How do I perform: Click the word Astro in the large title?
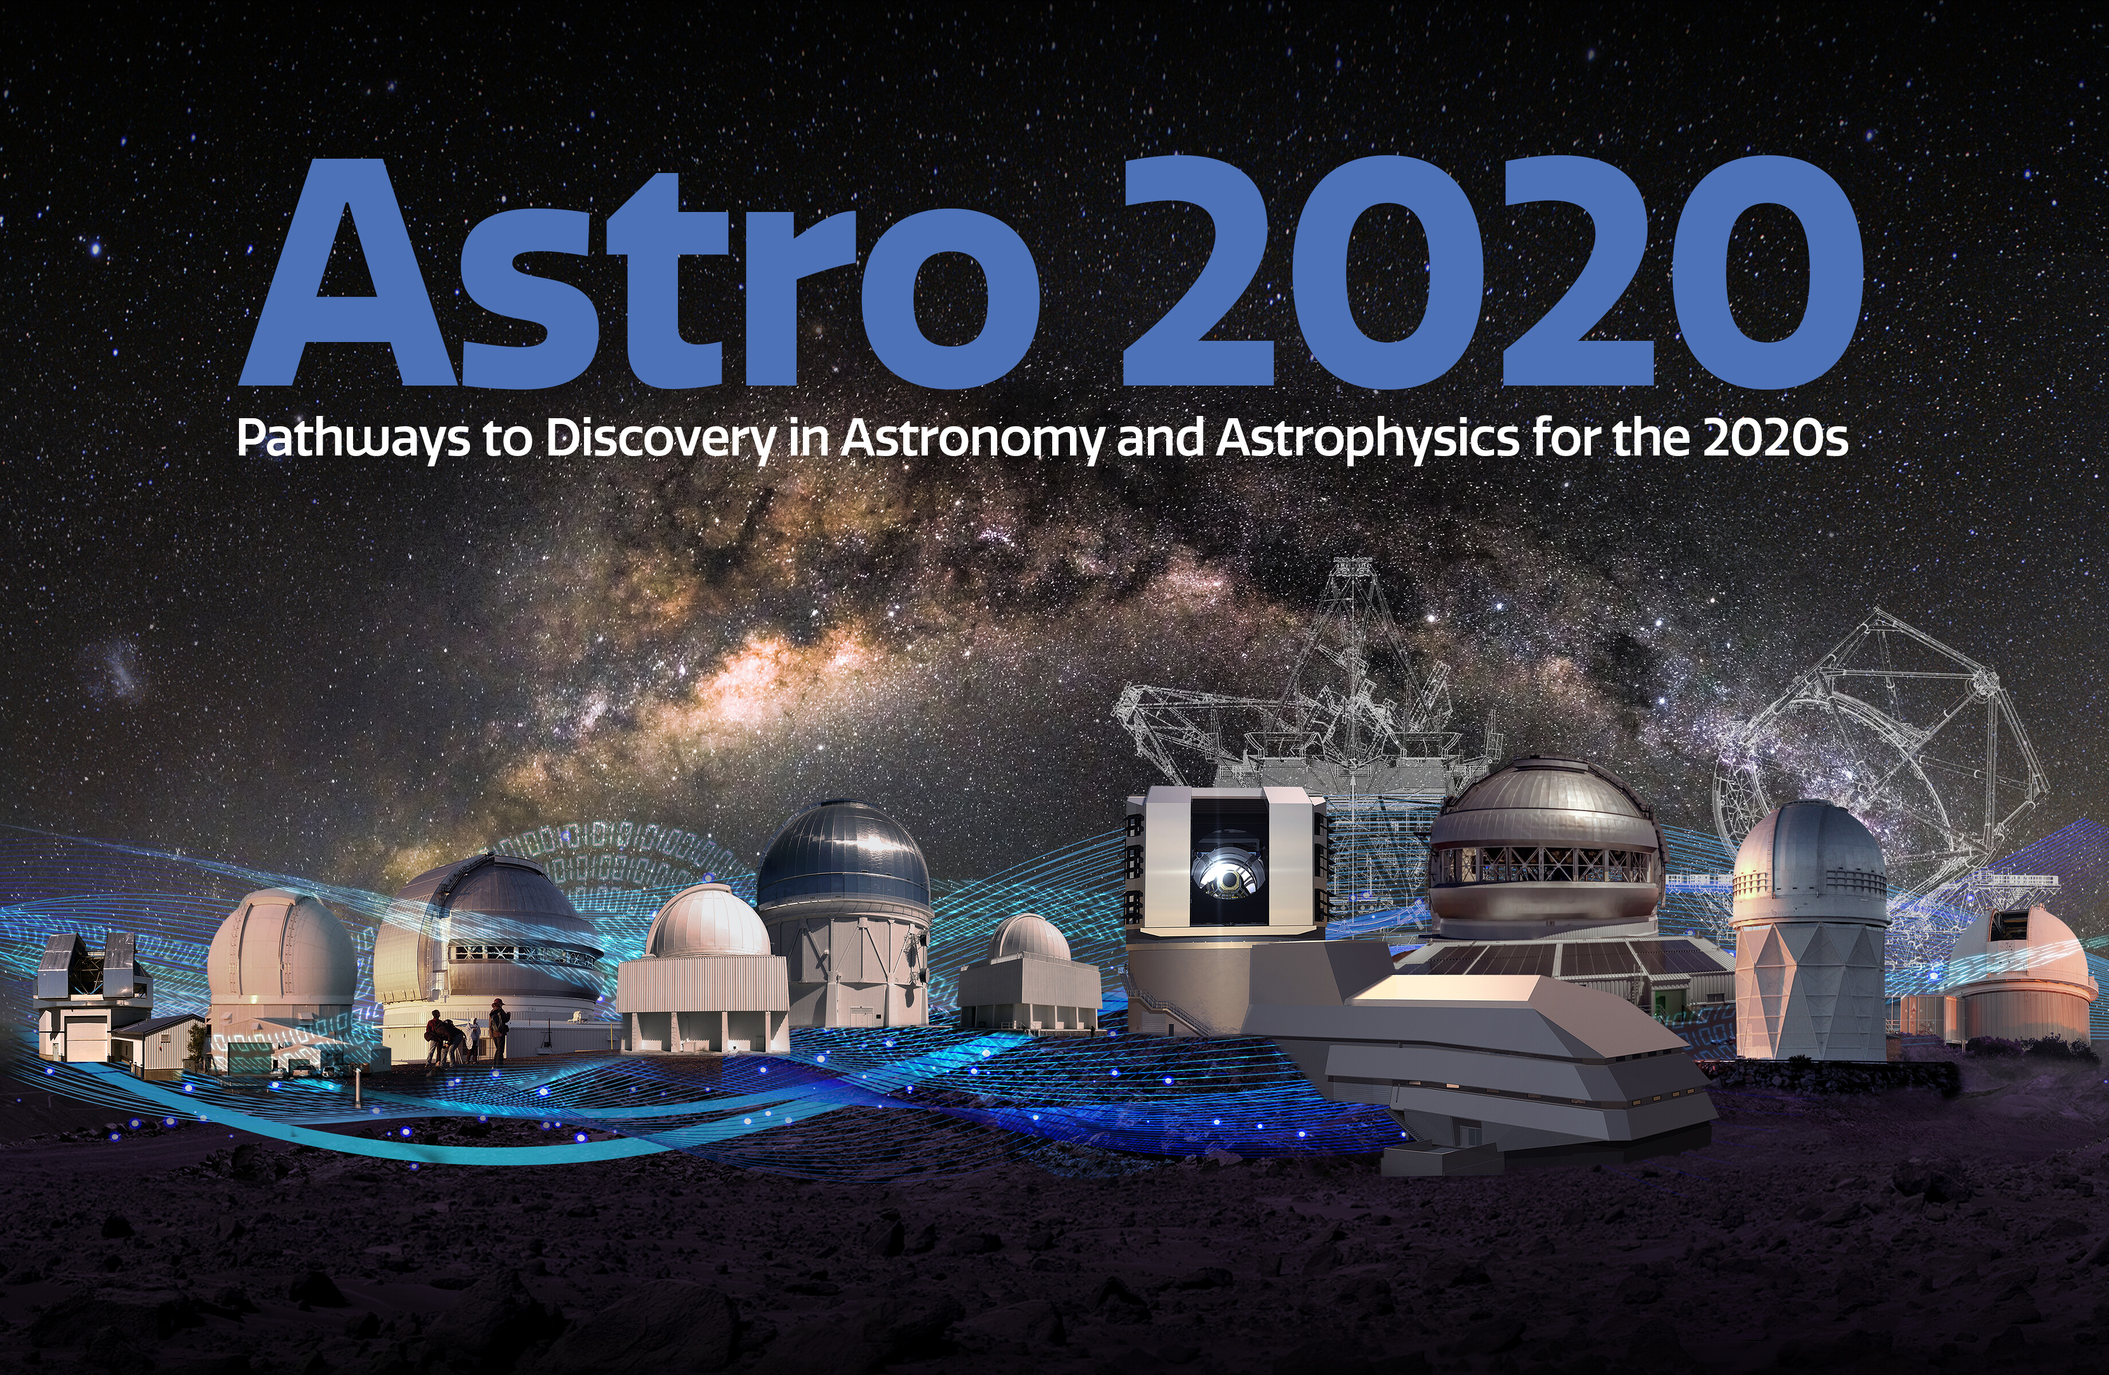pos(640,273)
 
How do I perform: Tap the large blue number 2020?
pos(1492,271)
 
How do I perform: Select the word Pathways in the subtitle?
pos(352,438)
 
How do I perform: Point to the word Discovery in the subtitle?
pos(661,438)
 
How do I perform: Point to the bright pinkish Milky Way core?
pos(753,673)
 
